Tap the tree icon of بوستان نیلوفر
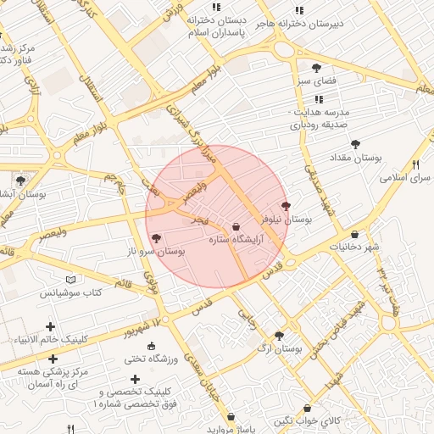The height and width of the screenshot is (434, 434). coord(286,206)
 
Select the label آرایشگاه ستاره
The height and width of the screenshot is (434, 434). coord(235,240)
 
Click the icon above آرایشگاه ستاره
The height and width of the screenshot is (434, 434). coord(236,226)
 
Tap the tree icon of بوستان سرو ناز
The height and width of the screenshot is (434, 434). coord(155,239)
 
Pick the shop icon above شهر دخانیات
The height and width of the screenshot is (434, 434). coord(354,235)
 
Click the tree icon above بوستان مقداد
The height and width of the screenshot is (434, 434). coord(354,144)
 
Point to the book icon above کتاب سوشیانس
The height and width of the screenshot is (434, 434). coord(70,280)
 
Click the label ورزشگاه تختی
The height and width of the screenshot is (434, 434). coord(151,359)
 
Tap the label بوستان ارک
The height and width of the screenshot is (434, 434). coord(279,348)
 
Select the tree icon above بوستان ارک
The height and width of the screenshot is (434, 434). coord(279,336)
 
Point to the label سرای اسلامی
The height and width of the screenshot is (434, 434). coord(407,178)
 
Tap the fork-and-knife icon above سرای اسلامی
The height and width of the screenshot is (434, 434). coord(415,164)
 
